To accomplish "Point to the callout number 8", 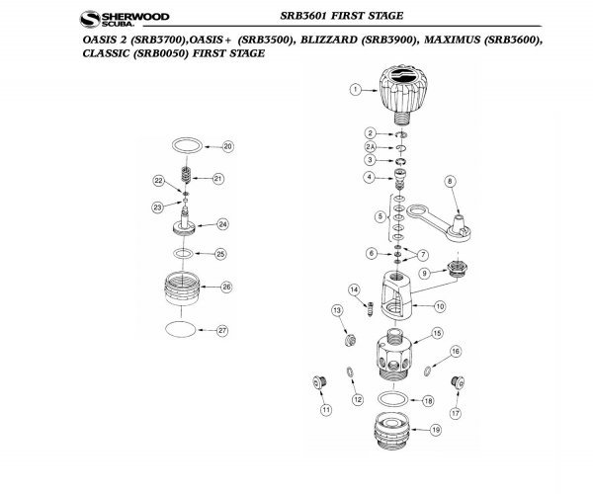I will pyautogui.click(x=449, y=181).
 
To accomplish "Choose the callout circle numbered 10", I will pyautogui.click(x=439, y=306).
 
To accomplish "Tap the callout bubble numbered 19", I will pyautogui.click(x=436, y=431).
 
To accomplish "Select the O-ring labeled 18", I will pyautogui.click(x=393, y=398).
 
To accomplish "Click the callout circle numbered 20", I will pyautogui.click(x=226, y=147).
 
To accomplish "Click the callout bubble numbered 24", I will pyautogui.click(x=222, y=224).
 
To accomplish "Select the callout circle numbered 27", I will pyautogui.click(x=222, y=330).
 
